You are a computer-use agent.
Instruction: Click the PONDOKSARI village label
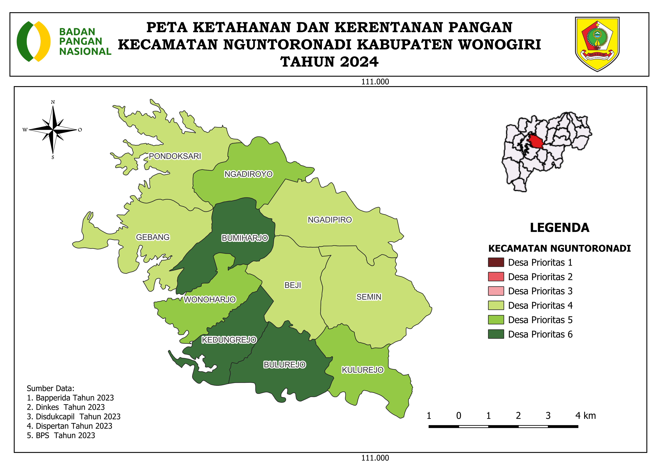[175, 156]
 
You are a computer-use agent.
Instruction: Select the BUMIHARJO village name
[245, 238]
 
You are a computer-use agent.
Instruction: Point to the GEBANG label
[153, 237]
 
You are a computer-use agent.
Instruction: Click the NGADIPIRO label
[330, 220]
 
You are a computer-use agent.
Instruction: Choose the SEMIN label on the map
[368, 297]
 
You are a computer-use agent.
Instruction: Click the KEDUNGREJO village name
[229, 340]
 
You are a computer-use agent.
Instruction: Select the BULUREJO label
[285, 365]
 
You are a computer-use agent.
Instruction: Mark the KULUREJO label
[363, 370]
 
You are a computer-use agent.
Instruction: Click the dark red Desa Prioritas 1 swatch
[496, 262]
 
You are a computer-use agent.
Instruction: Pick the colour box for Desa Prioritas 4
[496, 305]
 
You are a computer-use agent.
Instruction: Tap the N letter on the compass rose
[53, 102]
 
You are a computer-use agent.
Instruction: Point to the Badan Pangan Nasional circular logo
[34, 41]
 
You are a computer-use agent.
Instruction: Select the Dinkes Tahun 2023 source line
[66, 407]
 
